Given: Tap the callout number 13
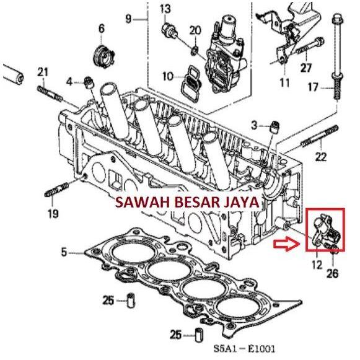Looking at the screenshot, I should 165,8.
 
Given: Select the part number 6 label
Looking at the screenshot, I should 101,29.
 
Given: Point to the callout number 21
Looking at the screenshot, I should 42,72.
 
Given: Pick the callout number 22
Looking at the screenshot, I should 320,157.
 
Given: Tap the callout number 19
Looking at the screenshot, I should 53,214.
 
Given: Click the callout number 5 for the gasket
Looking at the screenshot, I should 63,252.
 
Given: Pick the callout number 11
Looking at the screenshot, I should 284,82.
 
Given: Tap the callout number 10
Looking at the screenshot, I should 168,76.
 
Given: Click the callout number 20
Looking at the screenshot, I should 195,30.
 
